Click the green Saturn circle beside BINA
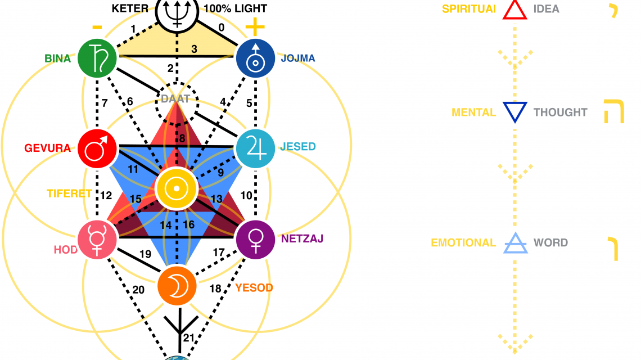click(97, 56)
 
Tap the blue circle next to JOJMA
click(255, 57)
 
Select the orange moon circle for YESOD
click(177, 286)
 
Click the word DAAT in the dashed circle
click(175, 99)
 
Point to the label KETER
click(130, 9)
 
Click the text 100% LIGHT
click(235, 9)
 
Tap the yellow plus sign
click(255, 27)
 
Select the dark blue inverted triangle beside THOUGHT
click(514, 111)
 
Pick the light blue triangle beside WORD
click(514, 242)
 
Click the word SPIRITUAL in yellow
click(469, 9)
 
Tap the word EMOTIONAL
click(463, 243)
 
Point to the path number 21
click(189, 337)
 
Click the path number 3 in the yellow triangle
click(194, 49)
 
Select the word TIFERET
click(69, 193)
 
